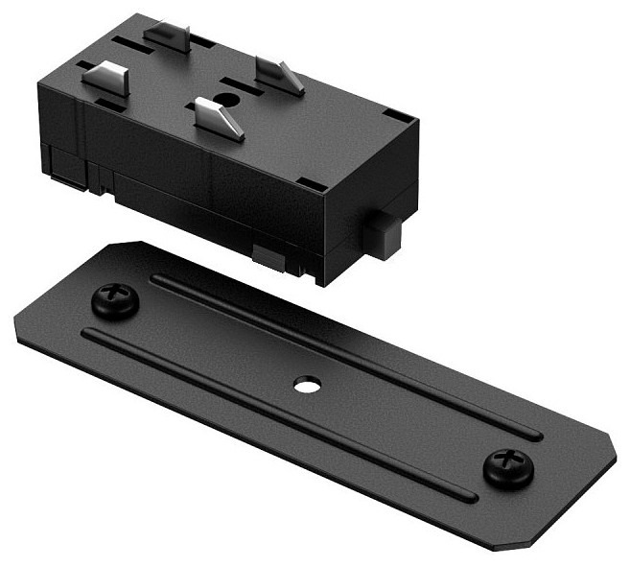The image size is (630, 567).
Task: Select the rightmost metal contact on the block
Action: (280, 74)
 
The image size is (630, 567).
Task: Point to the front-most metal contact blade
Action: (219, 118)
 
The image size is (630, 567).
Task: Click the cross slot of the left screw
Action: (115, 297)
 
